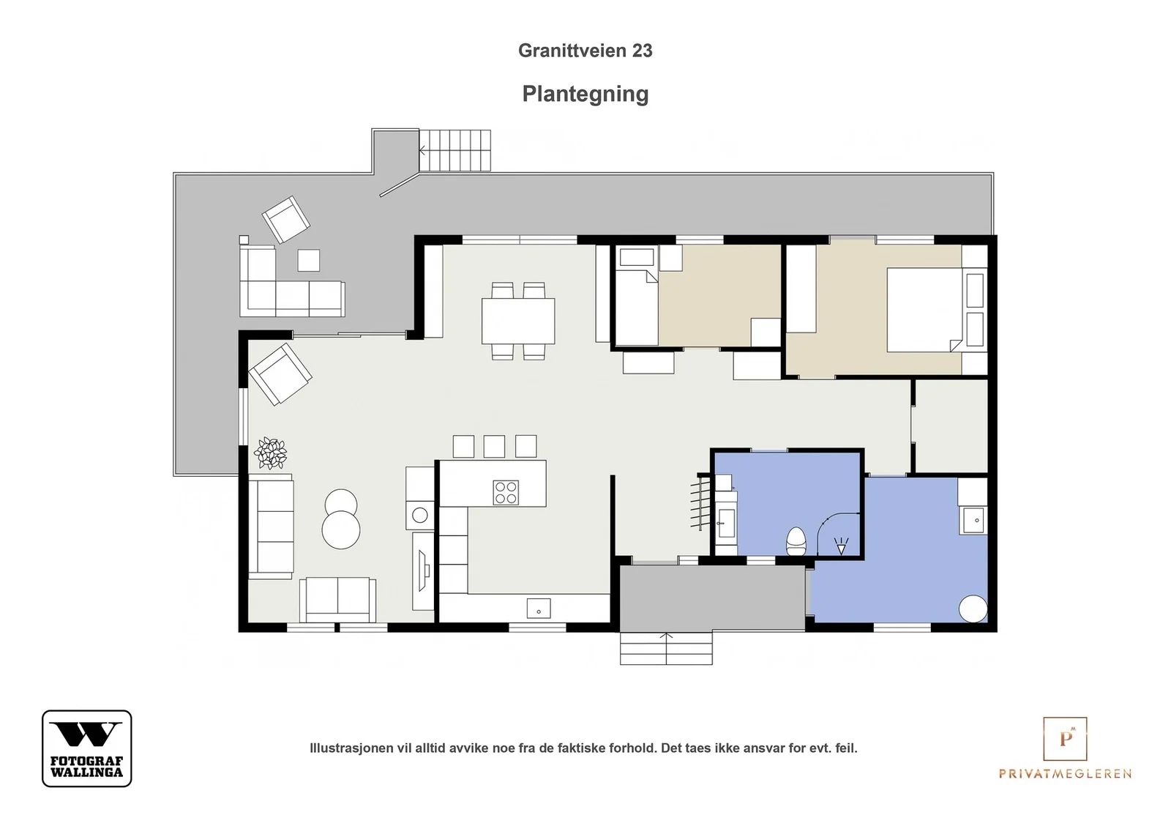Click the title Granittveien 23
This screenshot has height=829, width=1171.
585,51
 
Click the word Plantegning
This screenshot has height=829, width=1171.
585,94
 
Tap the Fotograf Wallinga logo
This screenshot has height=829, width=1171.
87,748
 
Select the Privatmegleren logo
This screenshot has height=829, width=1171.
1065,748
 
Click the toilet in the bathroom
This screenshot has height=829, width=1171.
796,541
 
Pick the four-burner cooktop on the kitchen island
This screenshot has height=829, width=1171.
506,493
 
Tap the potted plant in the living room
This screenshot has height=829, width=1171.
271,453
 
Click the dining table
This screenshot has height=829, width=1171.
518,321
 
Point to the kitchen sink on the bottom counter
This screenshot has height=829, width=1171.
539,609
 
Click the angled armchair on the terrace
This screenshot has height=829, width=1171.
286,220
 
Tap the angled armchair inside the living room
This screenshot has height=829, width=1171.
280,374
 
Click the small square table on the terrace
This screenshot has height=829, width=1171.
308,260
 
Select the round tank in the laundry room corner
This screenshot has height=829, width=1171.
973,609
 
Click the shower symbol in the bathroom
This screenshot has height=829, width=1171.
841,546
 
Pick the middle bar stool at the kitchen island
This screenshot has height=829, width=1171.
494,447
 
